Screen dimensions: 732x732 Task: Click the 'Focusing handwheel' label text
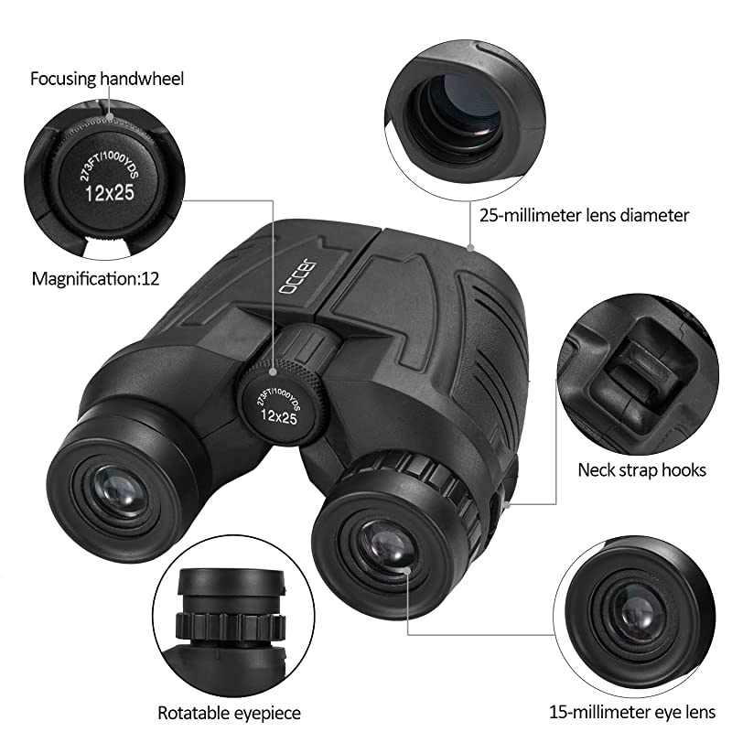107,79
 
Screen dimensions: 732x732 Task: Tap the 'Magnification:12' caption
96,278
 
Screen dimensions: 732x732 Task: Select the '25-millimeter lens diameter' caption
584,216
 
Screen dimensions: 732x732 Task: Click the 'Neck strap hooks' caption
641,470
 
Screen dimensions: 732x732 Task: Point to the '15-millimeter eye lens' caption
628,711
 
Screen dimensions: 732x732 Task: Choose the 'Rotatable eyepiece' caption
229,712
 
